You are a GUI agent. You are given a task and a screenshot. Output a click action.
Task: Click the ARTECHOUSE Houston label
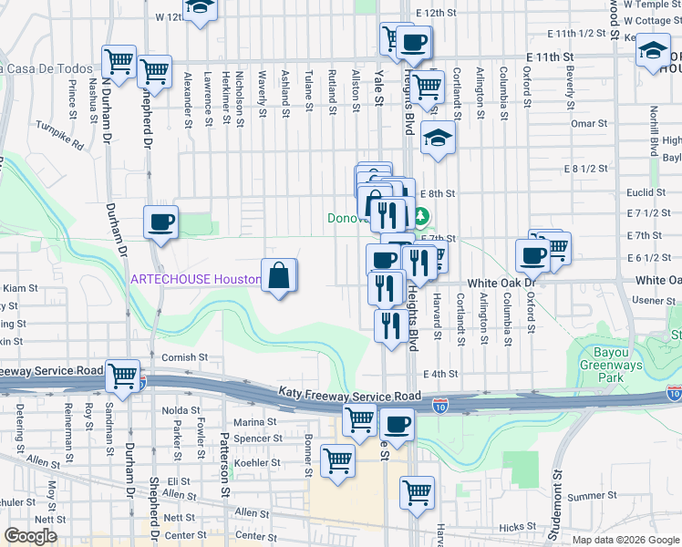[195, 279]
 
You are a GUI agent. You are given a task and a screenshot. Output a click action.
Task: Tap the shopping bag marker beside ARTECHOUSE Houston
[280, 276]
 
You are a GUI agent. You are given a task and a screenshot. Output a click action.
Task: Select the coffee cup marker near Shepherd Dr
[161, 223]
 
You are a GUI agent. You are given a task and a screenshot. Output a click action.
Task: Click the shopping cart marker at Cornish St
[121, 376]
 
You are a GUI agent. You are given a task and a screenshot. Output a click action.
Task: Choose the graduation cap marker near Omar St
[438, 139]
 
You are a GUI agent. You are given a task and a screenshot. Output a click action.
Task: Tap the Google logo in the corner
[31, 536]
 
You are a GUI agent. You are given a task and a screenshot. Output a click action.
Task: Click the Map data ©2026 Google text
[625, 540]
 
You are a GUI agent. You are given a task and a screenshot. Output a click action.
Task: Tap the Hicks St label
[517, 527]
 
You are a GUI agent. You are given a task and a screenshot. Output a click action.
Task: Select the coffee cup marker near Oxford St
[532, 256]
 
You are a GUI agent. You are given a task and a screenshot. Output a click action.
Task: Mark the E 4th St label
[439, 374]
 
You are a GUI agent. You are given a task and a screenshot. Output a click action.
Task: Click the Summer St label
[586, 497]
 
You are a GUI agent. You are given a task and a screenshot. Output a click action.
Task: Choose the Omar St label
[583, 124]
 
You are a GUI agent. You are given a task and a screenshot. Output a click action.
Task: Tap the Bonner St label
[309, 460]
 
